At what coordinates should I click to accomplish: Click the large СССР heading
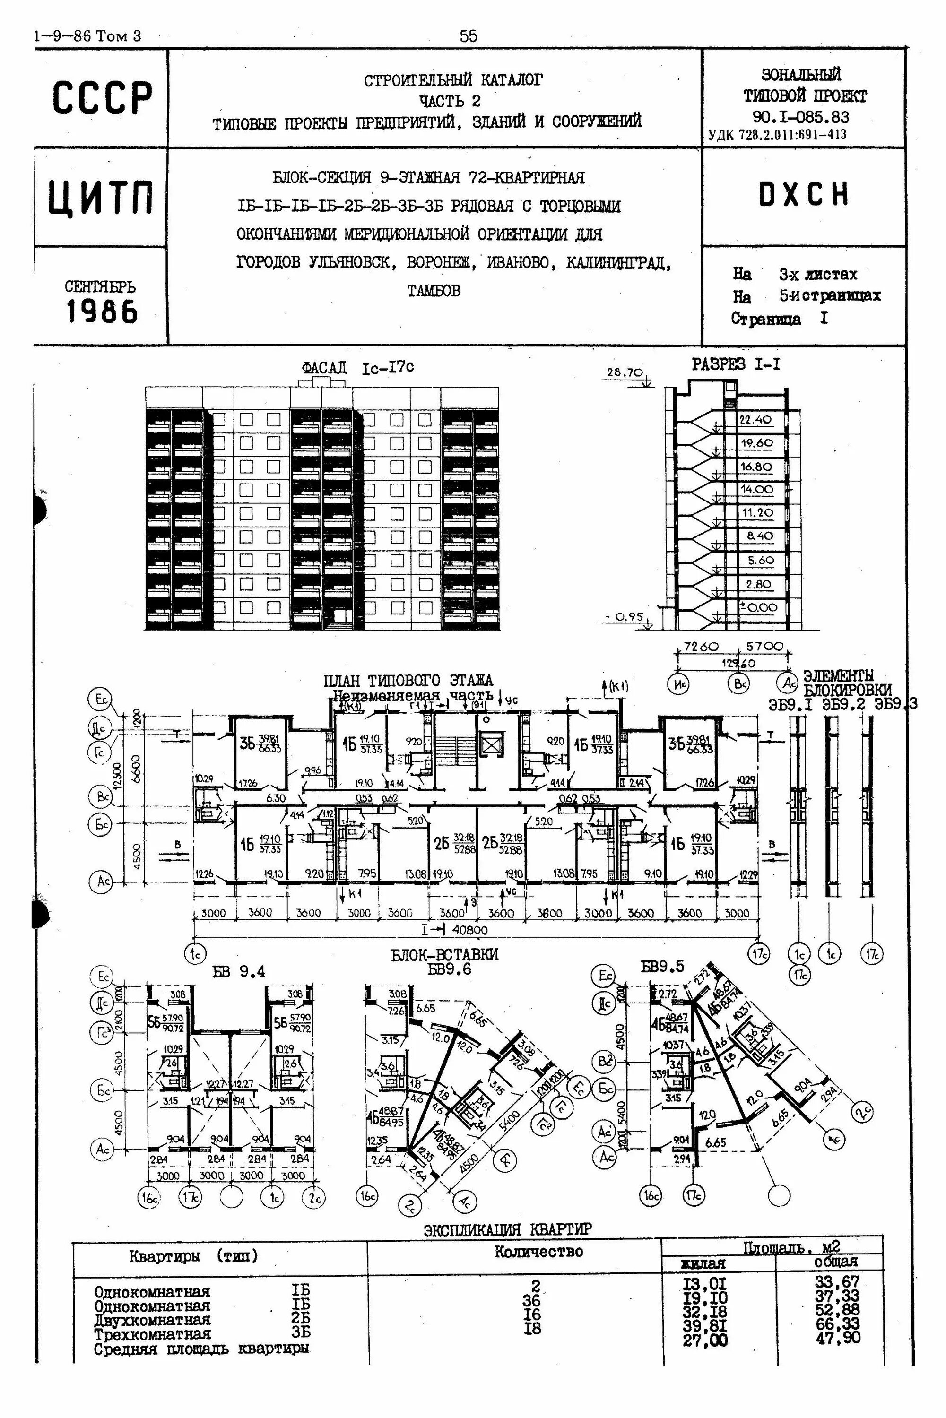click(x=101, y=98)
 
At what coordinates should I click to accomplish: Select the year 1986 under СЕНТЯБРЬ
click(x=101, y=312)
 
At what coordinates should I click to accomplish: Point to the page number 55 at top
click(x=468, y=36)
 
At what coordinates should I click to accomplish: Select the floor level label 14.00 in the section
click(x=756, y=489)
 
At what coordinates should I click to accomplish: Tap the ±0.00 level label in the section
click(x=758, y=607)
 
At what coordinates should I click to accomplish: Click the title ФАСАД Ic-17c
click(x=358, y=367)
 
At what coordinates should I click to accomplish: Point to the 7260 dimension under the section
click(x=701, y=647)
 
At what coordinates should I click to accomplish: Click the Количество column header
click(x=538, y=1252)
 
